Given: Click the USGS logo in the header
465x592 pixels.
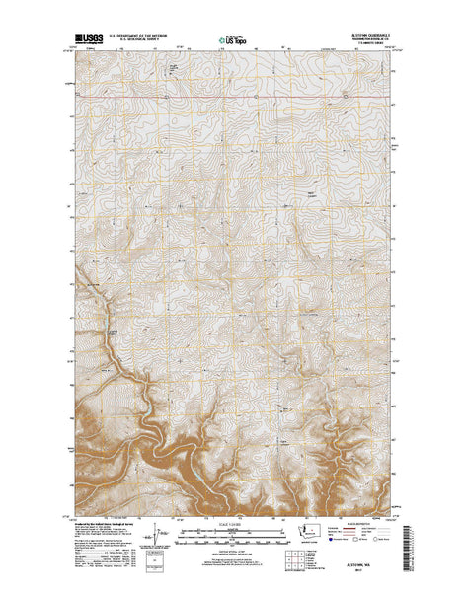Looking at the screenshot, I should click(x=86, y=39).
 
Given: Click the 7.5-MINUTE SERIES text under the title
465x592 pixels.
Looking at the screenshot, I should click(x=372, y=43).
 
